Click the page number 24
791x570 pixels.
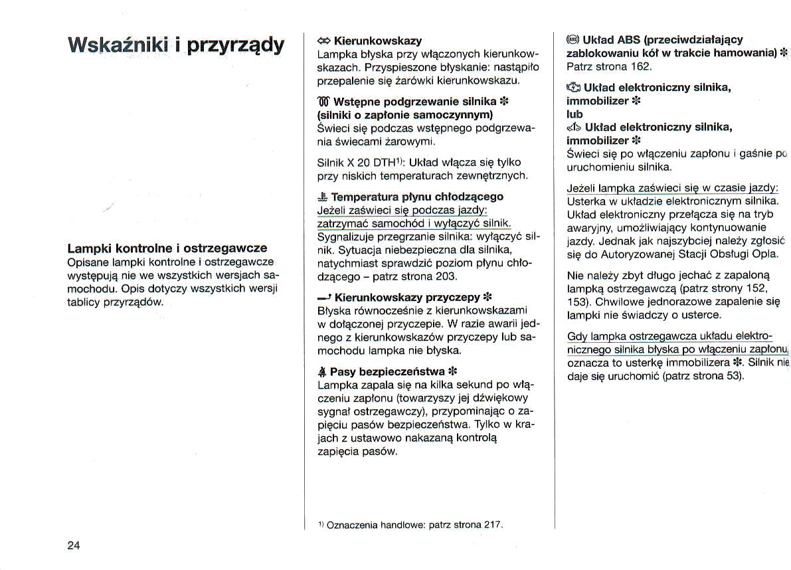[x=73, y=545]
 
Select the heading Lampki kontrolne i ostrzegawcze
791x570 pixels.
[x=167, y=248]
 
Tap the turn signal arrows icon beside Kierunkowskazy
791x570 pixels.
[x=325, y=41]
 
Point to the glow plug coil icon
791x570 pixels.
[x=324, y=102]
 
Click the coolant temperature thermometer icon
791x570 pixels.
[x=323, y=197]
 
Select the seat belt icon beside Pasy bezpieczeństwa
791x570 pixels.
[x=323, y=371]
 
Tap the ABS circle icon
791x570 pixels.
[x=572, y=39]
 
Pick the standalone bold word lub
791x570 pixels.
[x=574, y=114]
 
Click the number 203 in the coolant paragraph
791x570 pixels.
[x=446, y=276]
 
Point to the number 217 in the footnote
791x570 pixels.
[x=491, y=524]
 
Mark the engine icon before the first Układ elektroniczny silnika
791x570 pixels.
[x=573, y=88]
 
